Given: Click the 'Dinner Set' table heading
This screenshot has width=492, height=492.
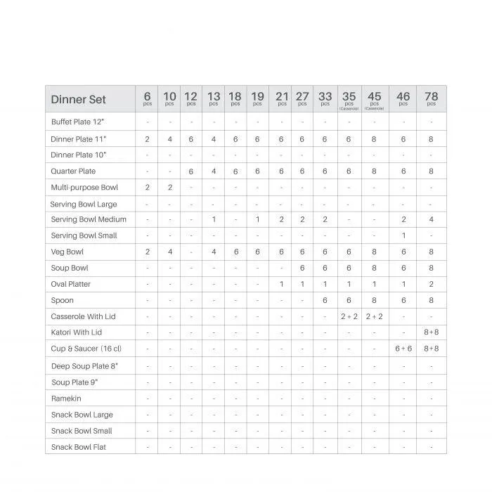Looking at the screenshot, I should pos(78,99).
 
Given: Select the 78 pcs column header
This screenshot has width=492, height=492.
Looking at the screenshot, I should pos(431,98).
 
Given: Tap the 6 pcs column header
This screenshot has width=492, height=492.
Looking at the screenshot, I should pos(147,98).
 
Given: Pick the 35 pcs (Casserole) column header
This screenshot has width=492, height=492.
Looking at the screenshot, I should pos(349,99).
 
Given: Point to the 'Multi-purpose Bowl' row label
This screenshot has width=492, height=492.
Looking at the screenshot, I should pos(84,188).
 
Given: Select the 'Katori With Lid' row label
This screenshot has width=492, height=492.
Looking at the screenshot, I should pos(77,332).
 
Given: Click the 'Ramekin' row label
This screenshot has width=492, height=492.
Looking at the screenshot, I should pos(66,399).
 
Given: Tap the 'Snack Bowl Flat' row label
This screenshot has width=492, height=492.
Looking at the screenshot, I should pos(79,447).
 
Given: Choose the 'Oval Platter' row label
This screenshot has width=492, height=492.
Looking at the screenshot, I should pos(71,285).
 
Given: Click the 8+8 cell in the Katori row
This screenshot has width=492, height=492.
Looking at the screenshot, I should pos(431,332).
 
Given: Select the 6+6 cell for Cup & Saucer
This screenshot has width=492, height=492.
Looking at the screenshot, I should pos(403,349).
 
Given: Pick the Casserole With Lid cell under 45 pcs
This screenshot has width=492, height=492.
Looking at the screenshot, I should pos(374,316).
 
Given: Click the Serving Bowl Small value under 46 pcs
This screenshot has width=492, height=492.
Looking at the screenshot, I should pos(403,235).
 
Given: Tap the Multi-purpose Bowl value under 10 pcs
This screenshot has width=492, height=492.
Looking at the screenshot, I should pos(169,188).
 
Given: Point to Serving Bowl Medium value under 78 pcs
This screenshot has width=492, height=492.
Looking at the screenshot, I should pos(431,220).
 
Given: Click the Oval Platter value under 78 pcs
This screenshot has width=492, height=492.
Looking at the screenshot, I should pos(431,285).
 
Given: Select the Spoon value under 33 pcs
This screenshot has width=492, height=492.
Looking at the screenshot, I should pos(325,300).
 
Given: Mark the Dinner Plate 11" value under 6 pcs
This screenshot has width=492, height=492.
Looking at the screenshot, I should pos(147,139).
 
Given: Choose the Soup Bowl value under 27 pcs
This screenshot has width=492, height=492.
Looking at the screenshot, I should pos(302,268).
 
